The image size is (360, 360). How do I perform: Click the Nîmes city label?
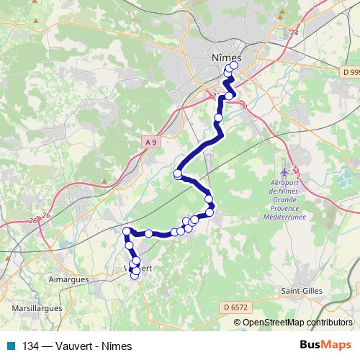coord(227,57)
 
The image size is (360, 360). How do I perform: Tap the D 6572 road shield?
coord(235,307)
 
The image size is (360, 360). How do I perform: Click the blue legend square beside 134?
coord(14,346)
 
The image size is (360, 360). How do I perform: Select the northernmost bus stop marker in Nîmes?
coord(233,66)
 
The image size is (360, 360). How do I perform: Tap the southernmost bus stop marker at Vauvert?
coord(134,276)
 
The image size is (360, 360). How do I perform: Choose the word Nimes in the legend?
coord(117,346)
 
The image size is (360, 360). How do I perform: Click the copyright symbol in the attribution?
coord(238,323)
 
